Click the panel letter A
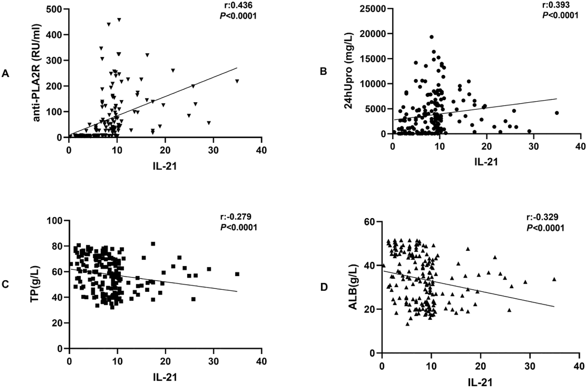tap(5, 74)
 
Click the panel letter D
tap(324, 287)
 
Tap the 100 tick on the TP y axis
tap(57, 220)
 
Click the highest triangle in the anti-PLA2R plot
tap(119, 20)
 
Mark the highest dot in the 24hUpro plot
tap(431, 37)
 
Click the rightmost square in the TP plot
tap(237, 274)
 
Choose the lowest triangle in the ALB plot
tap(407, 324)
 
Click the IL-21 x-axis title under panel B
tap(486, 161)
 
